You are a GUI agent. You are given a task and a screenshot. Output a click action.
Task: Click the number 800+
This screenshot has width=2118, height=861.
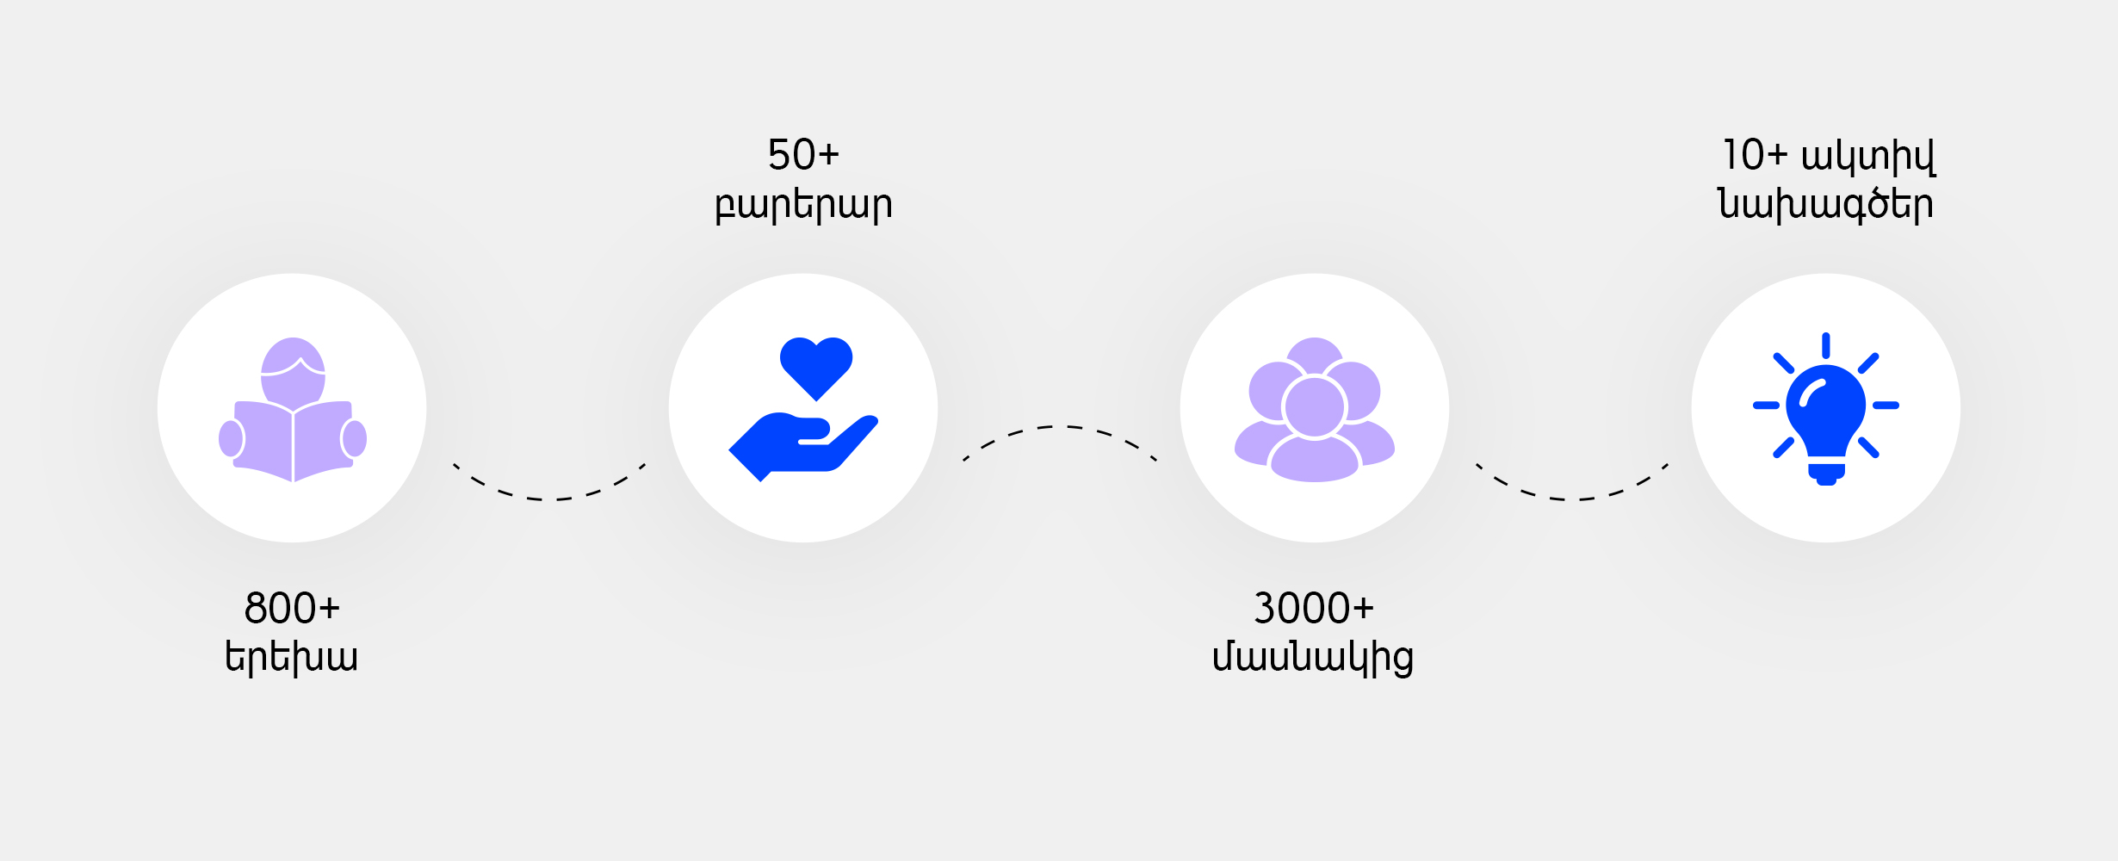tap(292, 608)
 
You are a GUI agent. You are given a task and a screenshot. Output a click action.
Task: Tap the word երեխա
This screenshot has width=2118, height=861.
tap(291, 658)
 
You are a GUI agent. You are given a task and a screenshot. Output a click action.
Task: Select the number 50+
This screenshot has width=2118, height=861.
tap(803, 155)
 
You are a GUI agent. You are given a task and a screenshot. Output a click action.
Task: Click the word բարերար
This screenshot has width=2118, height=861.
tap(803, 205)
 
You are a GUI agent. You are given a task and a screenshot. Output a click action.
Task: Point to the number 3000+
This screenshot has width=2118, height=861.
tap(1313, 608)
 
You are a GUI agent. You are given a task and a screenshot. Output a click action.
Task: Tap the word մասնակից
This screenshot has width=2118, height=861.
tap(1313, 658)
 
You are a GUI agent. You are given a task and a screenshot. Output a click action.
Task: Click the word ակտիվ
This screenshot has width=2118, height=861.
tap(1868, 156)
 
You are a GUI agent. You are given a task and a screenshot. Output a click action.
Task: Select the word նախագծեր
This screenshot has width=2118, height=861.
tap(1825, 205)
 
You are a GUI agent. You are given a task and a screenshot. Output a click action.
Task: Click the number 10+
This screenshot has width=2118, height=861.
tap(1756, 155)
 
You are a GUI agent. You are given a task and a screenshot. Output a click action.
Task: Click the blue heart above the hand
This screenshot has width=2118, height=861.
tap(816, 367)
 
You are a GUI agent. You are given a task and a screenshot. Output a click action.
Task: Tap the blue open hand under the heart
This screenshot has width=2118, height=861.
tap(802, 447)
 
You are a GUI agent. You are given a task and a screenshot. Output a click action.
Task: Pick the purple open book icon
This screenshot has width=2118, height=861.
tap(293, 441)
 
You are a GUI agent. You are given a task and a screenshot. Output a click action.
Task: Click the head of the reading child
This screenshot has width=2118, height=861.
tap(293, 372)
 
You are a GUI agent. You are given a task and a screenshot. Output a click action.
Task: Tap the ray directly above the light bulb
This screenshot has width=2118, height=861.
tap(1826, 345)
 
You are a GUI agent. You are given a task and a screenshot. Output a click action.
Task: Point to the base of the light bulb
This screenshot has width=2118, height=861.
tap(1826, 474)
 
